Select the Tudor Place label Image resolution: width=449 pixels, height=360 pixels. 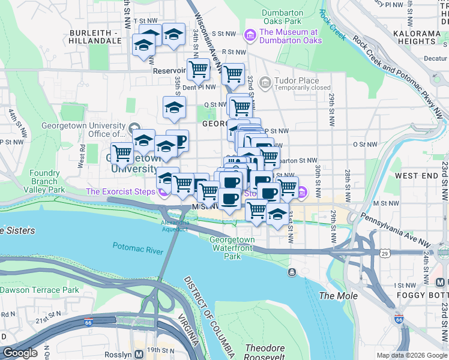pyautogui.click(x=294, y=80)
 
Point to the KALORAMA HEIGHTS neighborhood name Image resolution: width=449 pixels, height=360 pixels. pyautogui.click(x=415, y=37)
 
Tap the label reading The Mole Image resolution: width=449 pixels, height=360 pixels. pyautogui.click(x=338, y=296)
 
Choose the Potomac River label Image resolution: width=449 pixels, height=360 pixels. pyautogui.click(x=137, y=247)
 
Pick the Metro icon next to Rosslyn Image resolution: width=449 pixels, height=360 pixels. pyautogui.click(x=139, y=353)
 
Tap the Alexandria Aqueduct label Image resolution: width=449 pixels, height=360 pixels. pyautogui.click(x=175, y=226)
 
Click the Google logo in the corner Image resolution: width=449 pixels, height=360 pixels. pyautogui.click(x=20, y=353)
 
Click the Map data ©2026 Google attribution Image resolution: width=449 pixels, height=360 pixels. pyautogui.click(x=411, y=355)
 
